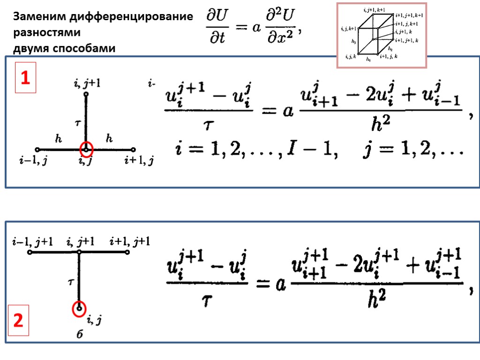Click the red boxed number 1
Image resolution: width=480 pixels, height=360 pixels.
[25, 78]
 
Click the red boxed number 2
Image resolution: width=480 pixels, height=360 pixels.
[18, 321]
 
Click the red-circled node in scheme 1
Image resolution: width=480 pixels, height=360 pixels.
[86, 150]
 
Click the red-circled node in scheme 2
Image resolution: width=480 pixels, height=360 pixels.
[79, 308]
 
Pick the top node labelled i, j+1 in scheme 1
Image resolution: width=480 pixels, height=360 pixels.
[86, 94]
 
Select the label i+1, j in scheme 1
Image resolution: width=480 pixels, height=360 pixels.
[139, 162]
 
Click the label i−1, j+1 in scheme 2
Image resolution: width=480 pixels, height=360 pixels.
[32, 242]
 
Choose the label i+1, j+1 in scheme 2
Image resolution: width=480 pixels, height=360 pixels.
[129, 242]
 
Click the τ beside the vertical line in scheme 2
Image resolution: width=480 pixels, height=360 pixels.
[71, 283]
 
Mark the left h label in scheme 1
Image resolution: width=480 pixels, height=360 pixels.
[59, 139]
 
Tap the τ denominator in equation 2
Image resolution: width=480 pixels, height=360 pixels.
[206, 300]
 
